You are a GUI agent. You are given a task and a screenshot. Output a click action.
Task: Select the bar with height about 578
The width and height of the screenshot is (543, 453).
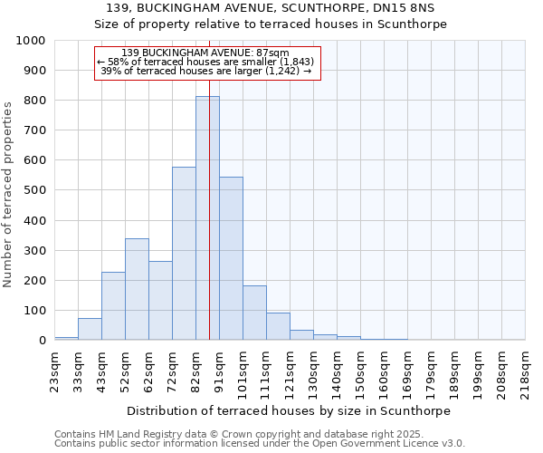[184, 254]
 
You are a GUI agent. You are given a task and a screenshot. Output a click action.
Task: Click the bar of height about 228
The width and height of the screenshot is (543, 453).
[113, 305]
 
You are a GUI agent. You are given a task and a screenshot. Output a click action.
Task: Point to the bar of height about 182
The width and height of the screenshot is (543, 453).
[254, 313]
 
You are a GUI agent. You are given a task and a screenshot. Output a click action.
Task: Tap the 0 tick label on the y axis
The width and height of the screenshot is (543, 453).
[42, 341]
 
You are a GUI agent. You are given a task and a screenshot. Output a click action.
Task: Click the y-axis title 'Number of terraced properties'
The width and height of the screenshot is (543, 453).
[8, 194]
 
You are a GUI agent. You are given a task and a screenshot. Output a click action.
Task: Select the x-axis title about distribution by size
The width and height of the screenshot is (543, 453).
[289, 410]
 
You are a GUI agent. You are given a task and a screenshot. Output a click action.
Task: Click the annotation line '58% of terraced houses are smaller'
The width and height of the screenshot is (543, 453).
[207, 62]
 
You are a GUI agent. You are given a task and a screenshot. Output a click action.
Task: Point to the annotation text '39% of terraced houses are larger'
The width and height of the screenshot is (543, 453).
[207, 71]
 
